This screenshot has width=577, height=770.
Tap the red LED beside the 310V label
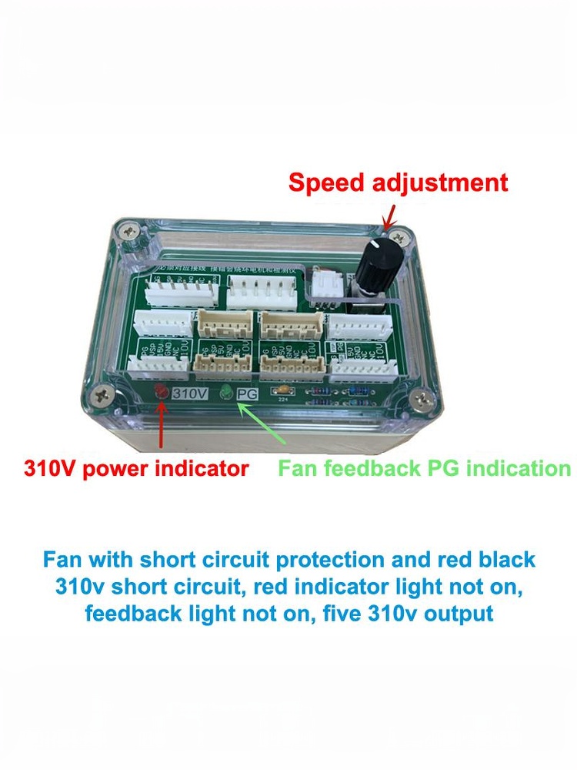pyautogui.click(x=162, y=392)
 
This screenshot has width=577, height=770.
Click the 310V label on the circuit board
pyautogui.click(x=190, y=393)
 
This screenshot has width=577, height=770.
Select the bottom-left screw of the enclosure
pyautogui.click(x=102, y=396)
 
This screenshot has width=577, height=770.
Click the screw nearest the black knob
pyautogui.click(x=395, y=232)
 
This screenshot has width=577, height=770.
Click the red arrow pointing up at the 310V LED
pyautogui.click(x=162, y=427)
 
